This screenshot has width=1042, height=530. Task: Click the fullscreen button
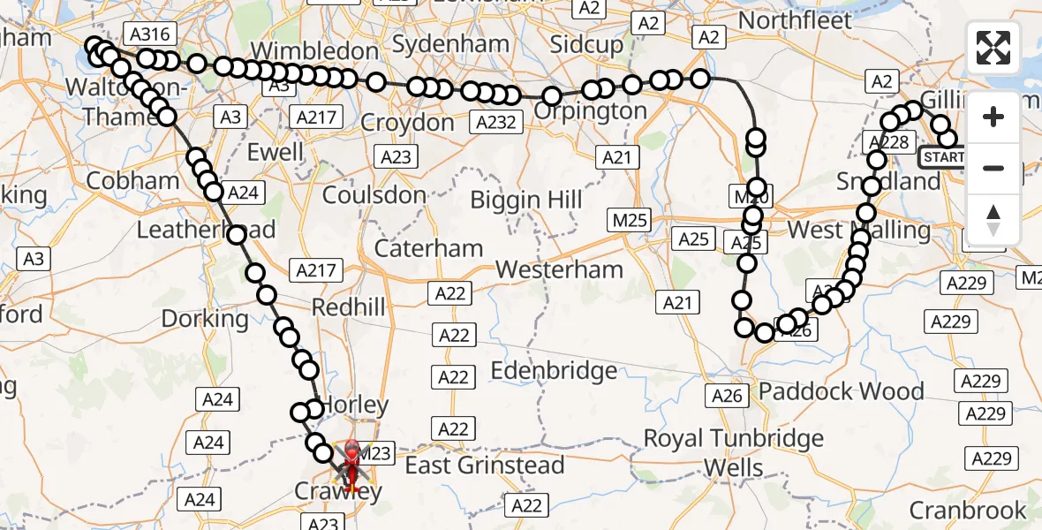(993, 48)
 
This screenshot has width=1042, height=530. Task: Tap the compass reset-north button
(993, 219)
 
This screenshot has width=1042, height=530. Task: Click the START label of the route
(944, 158)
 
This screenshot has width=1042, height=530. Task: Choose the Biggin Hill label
(526, 200)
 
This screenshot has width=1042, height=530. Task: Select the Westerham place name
(560, 269)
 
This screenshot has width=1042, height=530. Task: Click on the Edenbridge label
(554, 371)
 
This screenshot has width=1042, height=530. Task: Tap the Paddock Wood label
(829, 391)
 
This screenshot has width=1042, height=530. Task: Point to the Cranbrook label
(968, 511)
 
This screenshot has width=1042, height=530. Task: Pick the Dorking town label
(206, 318)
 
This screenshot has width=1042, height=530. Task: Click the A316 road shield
(149, 34)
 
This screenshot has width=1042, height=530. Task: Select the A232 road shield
(495, 122)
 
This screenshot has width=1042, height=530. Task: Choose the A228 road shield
(887, 141)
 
